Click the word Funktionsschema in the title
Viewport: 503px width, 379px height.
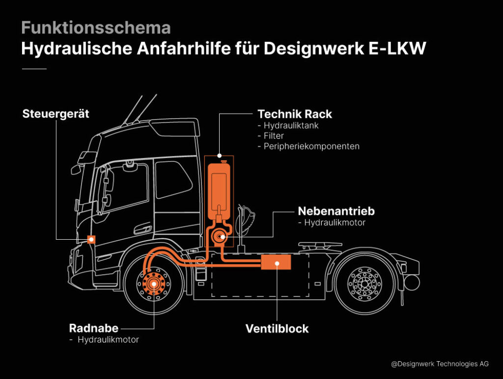[x=96, y=28]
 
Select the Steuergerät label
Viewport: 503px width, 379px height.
[x=56, y=114]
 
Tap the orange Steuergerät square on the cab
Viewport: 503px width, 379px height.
[x=91, y=240]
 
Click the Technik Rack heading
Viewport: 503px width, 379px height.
[x=295, y=114]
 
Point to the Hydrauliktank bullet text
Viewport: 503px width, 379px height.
[x=291, y=126]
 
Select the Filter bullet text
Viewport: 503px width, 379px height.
[x=274, y=136]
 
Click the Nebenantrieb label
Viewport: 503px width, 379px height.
[x=336, y=211]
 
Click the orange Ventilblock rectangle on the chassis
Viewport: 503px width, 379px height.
[x=276, y=263]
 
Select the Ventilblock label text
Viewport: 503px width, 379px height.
[x=277, y=328]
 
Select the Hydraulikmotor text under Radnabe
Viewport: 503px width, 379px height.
[x=108, y=340]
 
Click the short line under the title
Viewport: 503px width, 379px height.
[x=34, y=69]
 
